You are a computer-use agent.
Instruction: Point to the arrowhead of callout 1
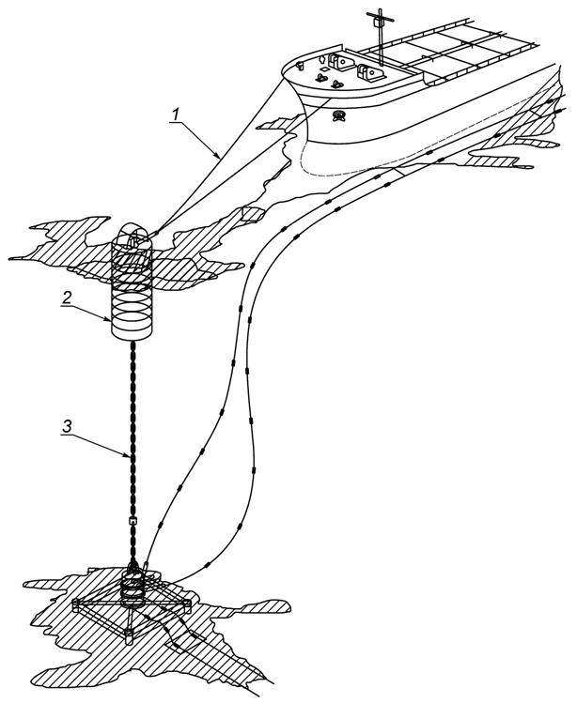coord(222,155)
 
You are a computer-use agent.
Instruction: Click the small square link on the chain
coord(132,519)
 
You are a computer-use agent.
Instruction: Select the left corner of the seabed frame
coord(75,603)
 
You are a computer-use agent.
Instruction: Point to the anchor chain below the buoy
coord(132,422)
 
